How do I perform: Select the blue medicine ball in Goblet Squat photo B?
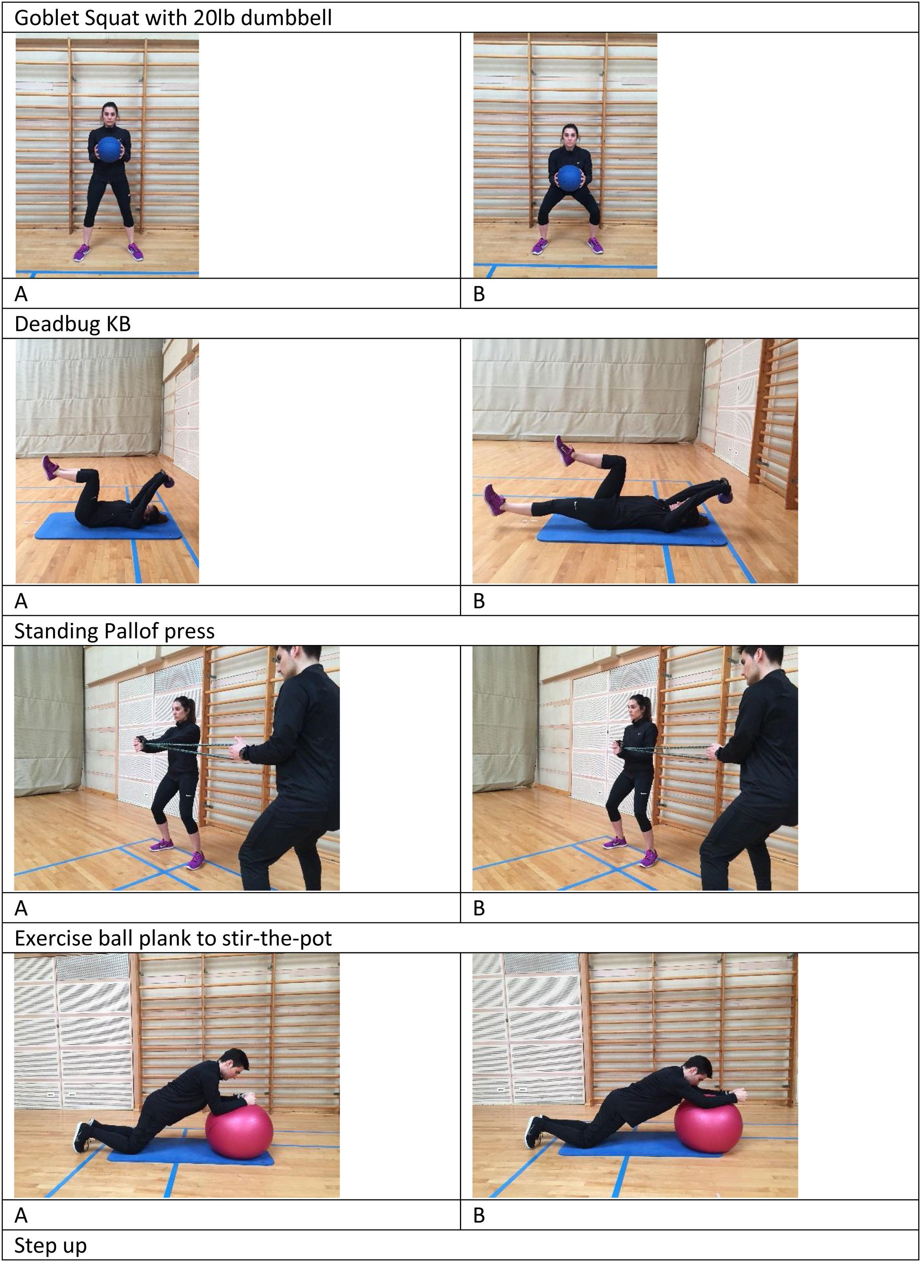pos(569,178)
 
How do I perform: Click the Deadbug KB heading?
pos(72,324)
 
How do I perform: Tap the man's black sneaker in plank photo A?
pos(82,1138)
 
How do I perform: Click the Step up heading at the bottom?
pos(50,1245)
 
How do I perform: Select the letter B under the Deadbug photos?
pos(479,601)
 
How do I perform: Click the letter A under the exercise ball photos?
pos(20,1215)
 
